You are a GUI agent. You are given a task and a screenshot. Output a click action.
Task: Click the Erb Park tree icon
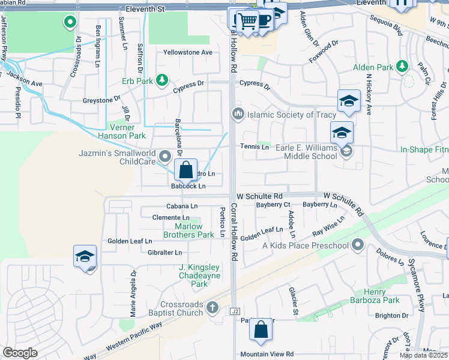point(161,80)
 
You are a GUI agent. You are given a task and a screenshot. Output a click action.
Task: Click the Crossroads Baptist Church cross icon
point(211,308)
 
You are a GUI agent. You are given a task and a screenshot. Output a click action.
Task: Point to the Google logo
point(20,353)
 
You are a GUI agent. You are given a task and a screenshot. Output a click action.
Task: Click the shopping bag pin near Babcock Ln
point(186,169)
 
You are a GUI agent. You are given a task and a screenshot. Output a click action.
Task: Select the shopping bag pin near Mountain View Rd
point(261,329)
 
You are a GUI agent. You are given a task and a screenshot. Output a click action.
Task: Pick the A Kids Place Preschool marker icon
point(358,245)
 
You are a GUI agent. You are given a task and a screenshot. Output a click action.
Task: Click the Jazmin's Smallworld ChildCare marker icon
point(165,157)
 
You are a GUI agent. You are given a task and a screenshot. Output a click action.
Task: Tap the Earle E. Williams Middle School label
point(306,152)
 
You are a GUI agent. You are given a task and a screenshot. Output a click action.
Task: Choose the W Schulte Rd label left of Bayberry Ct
point(259,196)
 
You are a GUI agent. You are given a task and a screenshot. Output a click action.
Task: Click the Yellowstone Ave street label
point(188,52)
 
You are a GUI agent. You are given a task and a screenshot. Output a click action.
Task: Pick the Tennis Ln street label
point(255,147)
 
